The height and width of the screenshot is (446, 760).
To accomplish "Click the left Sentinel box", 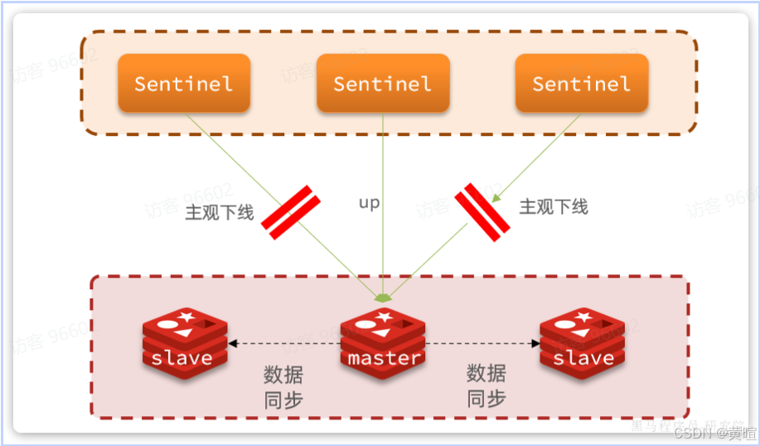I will [x=183, y=83].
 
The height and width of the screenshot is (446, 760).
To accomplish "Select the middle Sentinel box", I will [x=383, y=83].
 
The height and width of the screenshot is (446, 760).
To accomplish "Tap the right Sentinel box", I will [x=581, y=83].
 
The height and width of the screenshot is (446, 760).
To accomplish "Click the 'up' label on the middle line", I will [x=369, y=203].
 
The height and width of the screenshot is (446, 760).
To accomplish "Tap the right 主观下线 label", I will [x=554, y=206].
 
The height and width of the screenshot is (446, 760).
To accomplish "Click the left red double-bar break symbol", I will [x=291, y=213].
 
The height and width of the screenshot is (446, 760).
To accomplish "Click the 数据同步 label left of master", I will [x=283, y=386].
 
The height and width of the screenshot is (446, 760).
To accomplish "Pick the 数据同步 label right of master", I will [x=486, y=386].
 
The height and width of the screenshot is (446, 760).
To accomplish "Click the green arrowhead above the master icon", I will [x=383, y=297].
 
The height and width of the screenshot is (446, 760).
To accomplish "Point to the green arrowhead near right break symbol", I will [x=496, y=198].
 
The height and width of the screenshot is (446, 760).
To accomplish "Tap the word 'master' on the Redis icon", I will [x=383, y=358].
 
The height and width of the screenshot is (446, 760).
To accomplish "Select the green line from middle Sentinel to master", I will [x=383, y=249].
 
